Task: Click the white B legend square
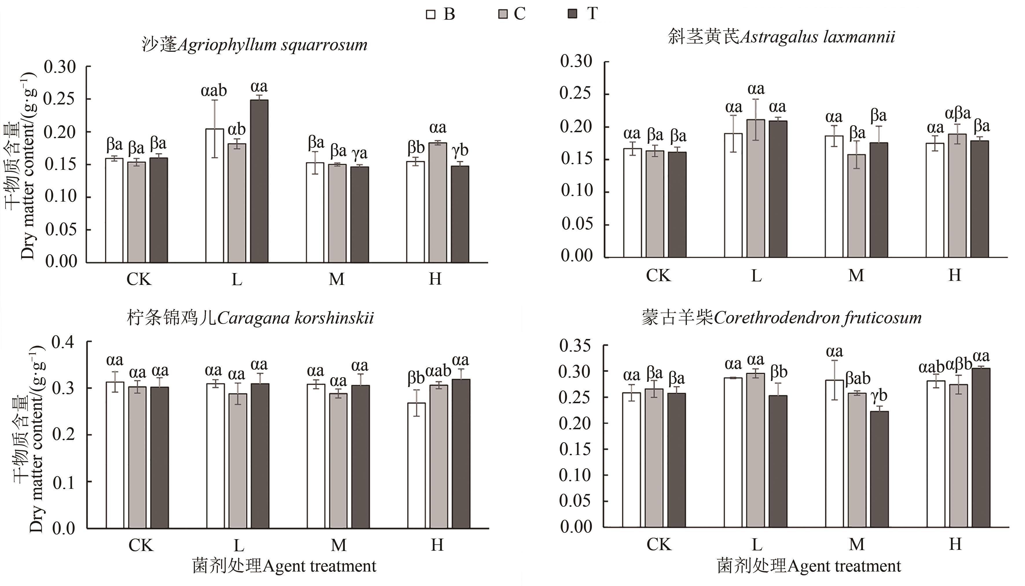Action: coord(430,15)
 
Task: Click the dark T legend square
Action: coord(572,14)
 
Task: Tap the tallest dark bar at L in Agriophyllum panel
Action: coord(259,181)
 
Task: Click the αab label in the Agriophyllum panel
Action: coord(214,91)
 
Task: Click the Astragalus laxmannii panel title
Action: coord(781,37)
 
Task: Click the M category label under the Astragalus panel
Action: coord(856,276)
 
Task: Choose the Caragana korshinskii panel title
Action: coord(250,318)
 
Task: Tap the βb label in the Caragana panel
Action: coord(416,377)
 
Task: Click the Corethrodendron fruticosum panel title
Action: coord(781,318)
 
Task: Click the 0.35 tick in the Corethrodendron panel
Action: coord(575,346)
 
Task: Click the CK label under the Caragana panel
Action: coord(141,545)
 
